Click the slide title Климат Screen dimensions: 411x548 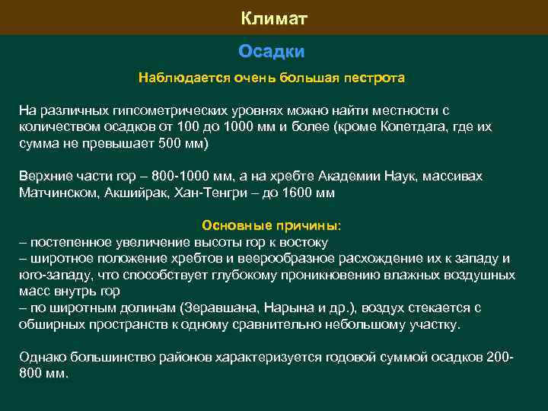coord(274,18)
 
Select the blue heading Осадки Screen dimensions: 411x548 coord(271,51)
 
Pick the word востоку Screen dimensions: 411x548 coord(304,242)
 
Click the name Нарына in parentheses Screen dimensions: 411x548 coord(287,307)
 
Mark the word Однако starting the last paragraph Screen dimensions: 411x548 coord(40,357)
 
